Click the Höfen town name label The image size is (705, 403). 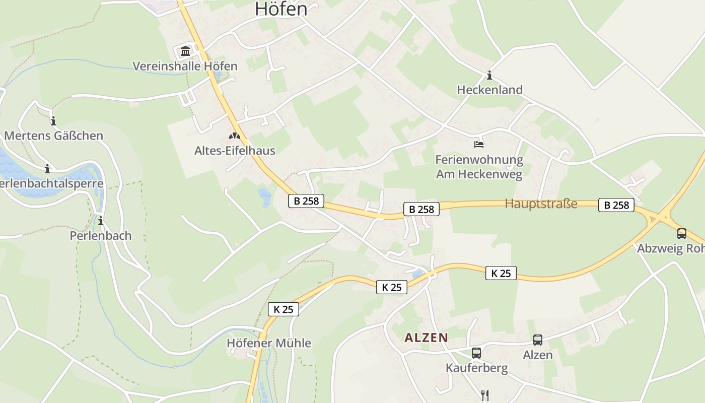pyautogui.click(x=281, y=9)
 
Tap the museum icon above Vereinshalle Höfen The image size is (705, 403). pyautogui.click(x=185, y=51)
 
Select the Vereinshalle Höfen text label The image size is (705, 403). pyautogui.click(x=185, y=66)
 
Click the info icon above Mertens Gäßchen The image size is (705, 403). pyautogui.click(x=53, y=121)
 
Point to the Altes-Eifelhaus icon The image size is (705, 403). pyautogui.click(x=235, y=136)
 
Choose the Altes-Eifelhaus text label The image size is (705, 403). pyautogui.click(x=235, y=150)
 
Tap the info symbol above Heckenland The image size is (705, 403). pyautogui.click(x=489, y=76)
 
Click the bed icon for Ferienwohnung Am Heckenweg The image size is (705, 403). pyautogui.click(x=479, y=145)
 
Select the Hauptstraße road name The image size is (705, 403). pyautogui.click(x=541, y=204)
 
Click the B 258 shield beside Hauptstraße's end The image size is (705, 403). pyautogui.click(x=616, y=205)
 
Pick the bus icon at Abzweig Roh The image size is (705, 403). pyautogui.click(x=681, y=234)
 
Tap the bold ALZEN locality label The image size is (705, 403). pyautogui.click(x=427, y=338)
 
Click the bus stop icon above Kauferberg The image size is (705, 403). pyautogui.click(x=476, y=353)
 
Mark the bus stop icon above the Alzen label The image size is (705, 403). pyautogui.click(x=538, y=340)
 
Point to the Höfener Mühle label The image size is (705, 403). pyautogui.click(x=269, y=344)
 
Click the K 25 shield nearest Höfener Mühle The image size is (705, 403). pyautogui.click(x=284, y=309)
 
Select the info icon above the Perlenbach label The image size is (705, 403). pyautogui.click(x=101, y=221)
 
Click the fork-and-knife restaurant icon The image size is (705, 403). pyautogui.click(x=485, y=395)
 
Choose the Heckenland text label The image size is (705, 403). pyautogui.click(x=489, y=90)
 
